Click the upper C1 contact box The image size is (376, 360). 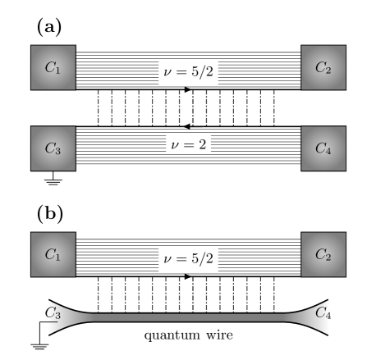coord(53,68)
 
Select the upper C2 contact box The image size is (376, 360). coord(323,68)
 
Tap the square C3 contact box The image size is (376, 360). coord(53,148)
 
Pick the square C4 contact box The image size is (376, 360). coord(323,148)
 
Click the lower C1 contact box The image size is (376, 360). coord(53,254)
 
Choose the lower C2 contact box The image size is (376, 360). coord(323,254)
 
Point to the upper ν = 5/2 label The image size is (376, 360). coord(189,72)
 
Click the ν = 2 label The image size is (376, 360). coord(189,145)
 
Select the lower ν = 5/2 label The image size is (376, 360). coord(189,259)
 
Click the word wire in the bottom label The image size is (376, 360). coord(218,335)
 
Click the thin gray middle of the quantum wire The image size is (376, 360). coord(189,317)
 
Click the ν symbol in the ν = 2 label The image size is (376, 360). coord(174,146)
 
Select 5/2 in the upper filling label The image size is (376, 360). coord(201,72)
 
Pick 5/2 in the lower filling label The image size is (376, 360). coord(201,259)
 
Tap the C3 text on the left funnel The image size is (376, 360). coord(53,313)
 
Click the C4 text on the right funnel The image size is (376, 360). coord(323,313)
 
